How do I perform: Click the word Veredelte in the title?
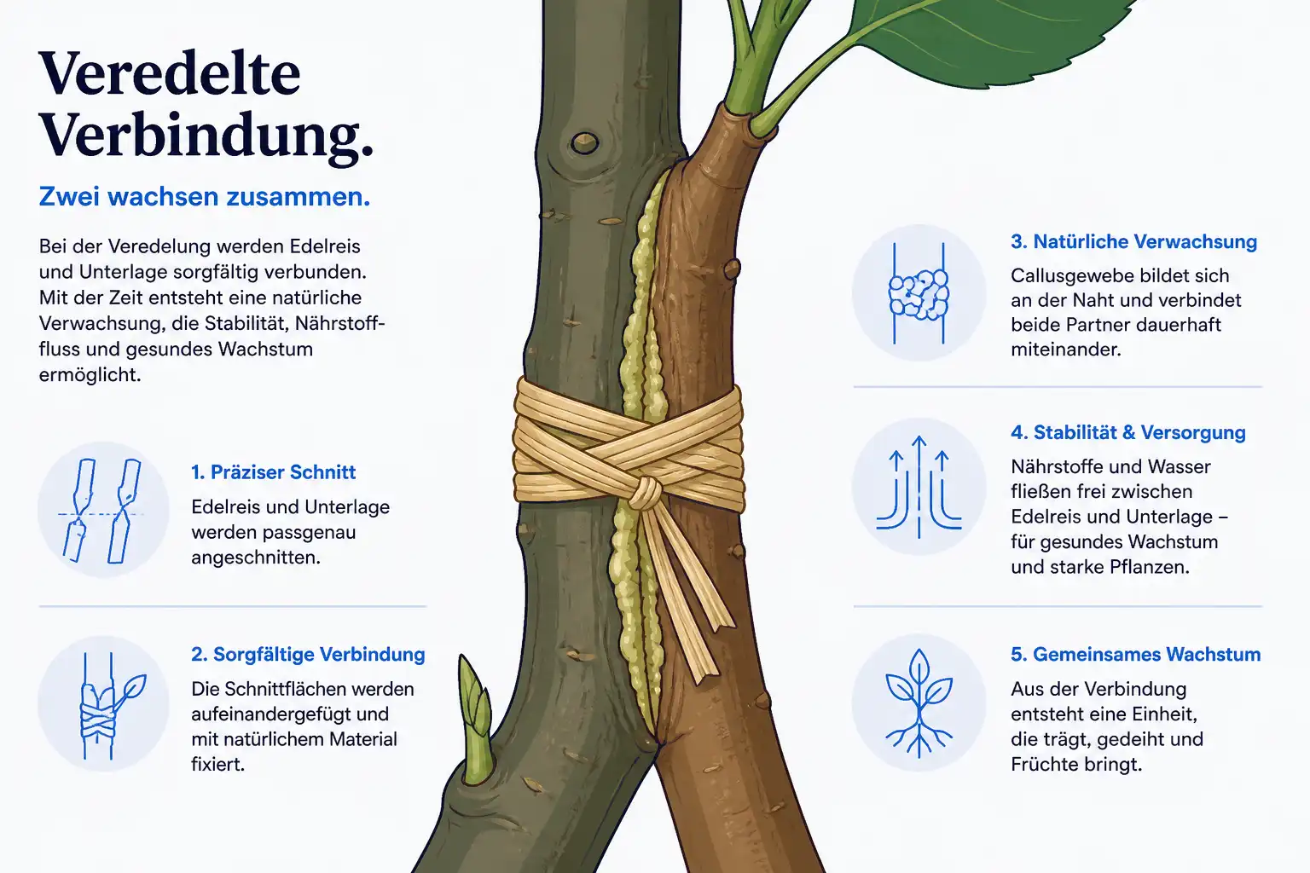point(170,73)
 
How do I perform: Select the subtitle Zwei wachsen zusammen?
point(205,196)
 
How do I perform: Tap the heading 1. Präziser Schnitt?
point(273,471)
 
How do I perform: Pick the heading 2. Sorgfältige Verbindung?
point(308,654)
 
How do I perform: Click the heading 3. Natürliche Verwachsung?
point(1134,241)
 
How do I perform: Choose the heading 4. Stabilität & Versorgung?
point(1128,432)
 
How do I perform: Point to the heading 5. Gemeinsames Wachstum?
point(1136,654)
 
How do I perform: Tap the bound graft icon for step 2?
point(111,705)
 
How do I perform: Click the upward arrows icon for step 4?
point(919,487)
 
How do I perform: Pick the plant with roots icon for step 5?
point(919,703)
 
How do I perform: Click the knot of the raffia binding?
point(646,493)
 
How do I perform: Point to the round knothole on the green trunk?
point(584,142)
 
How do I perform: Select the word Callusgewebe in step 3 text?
point(1078,276)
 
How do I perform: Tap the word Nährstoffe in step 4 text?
point(1059,466)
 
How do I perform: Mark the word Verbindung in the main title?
point(206,136)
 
